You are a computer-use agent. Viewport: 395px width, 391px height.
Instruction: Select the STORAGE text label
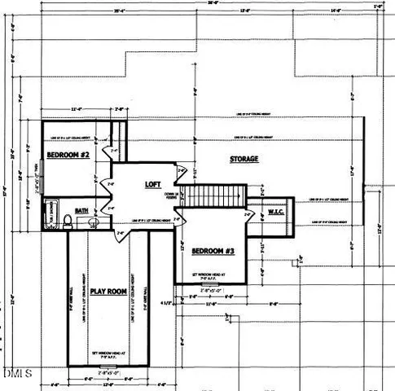244,159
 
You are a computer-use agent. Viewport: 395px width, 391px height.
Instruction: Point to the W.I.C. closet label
274,213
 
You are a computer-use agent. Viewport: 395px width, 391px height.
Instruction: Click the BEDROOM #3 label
213,252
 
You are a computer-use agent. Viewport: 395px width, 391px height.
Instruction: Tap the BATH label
81,210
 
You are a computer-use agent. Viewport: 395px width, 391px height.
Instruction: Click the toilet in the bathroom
94,222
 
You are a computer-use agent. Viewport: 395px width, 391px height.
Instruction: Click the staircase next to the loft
213,195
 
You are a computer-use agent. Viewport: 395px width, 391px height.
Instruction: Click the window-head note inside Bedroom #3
211,276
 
